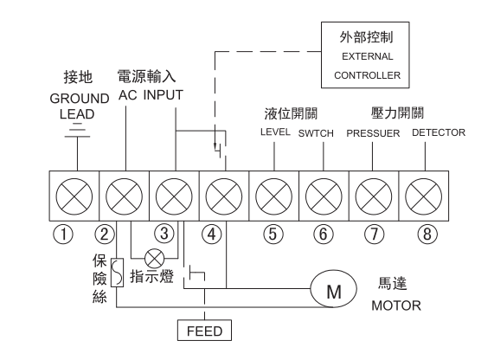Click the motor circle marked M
pos(334,288)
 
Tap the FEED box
pos(204,331)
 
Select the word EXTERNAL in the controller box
pos(368,56)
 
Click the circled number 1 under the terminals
pos(63,235)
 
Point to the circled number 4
pos(211,235)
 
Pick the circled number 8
pos(427,235)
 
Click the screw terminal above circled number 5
pos(273,196)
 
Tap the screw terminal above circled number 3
pos(174,196)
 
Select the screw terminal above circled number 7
pos(374,196)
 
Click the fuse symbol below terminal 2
pos(117,273)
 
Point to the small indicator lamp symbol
pos(154,259)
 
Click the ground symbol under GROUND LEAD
pos(77,130)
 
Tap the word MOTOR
pos(396,305)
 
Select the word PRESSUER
pos(373,133)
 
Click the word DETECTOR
pos(439,132)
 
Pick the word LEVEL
pos(275,132)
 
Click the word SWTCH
pos(316,133)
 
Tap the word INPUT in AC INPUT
pos(164,95)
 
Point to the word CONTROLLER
pos(368,75)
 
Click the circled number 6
pos(324,235)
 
